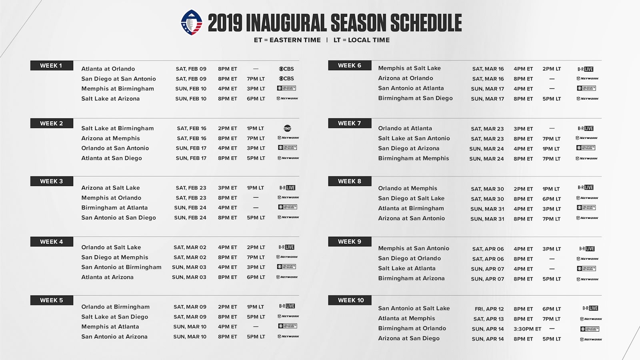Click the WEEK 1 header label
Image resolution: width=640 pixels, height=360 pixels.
pyautogui.click(x=51, y=66)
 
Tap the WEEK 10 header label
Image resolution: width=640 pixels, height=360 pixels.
pyautogui.click(x=351, y=300)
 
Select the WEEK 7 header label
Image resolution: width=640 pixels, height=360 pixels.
pyautogui.click(x=349, y=123)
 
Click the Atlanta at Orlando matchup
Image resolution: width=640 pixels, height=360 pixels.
pyautogui.click(x=108, y=69)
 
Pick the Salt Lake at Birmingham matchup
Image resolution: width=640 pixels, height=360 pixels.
pyautogui.click(x=117, y=128)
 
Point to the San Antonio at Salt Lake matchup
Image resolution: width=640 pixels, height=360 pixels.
pyautogui.click(x=414, y=308)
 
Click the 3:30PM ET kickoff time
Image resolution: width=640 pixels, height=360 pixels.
pyautogui.click(x=527, y=329)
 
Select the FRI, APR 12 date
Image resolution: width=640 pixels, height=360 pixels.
pyautogui.click(x=489, y=309)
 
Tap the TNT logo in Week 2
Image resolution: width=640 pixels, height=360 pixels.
pyautogui.click(x=287, y=128)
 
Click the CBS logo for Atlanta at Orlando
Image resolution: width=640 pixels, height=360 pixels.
pyautogui.click(x=286, y=69)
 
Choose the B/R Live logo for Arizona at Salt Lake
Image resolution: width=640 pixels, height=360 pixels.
pyautogui.click(x=287, y=188)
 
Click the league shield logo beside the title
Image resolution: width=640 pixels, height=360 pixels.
pyautogui.click(x=192, y=22)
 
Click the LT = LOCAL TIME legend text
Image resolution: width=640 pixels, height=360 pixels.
pyautogui.click(x=362, y=40)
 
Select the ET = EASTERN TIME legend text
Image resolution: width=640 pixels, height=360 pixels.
pyautogui.click(x=287, y=40)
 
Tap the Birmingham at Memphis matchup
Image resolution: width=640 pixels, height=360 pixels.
pyautogui.click(x=414, y=158)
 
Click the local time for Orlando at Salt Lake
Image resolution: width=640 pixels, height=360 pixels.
pyautogui.click(x=256, y=248)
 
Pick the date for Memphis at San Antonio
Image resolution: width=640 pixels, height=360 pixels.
pyautogui.click(x=488, y=249)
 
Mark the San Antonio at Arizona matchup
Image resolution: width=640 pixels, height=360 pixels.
pyautogui.click(x=114, y=337)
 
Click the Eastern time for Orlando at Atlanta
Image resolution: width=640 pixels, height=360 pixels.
pyautogui.click(x=523, y=129)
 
